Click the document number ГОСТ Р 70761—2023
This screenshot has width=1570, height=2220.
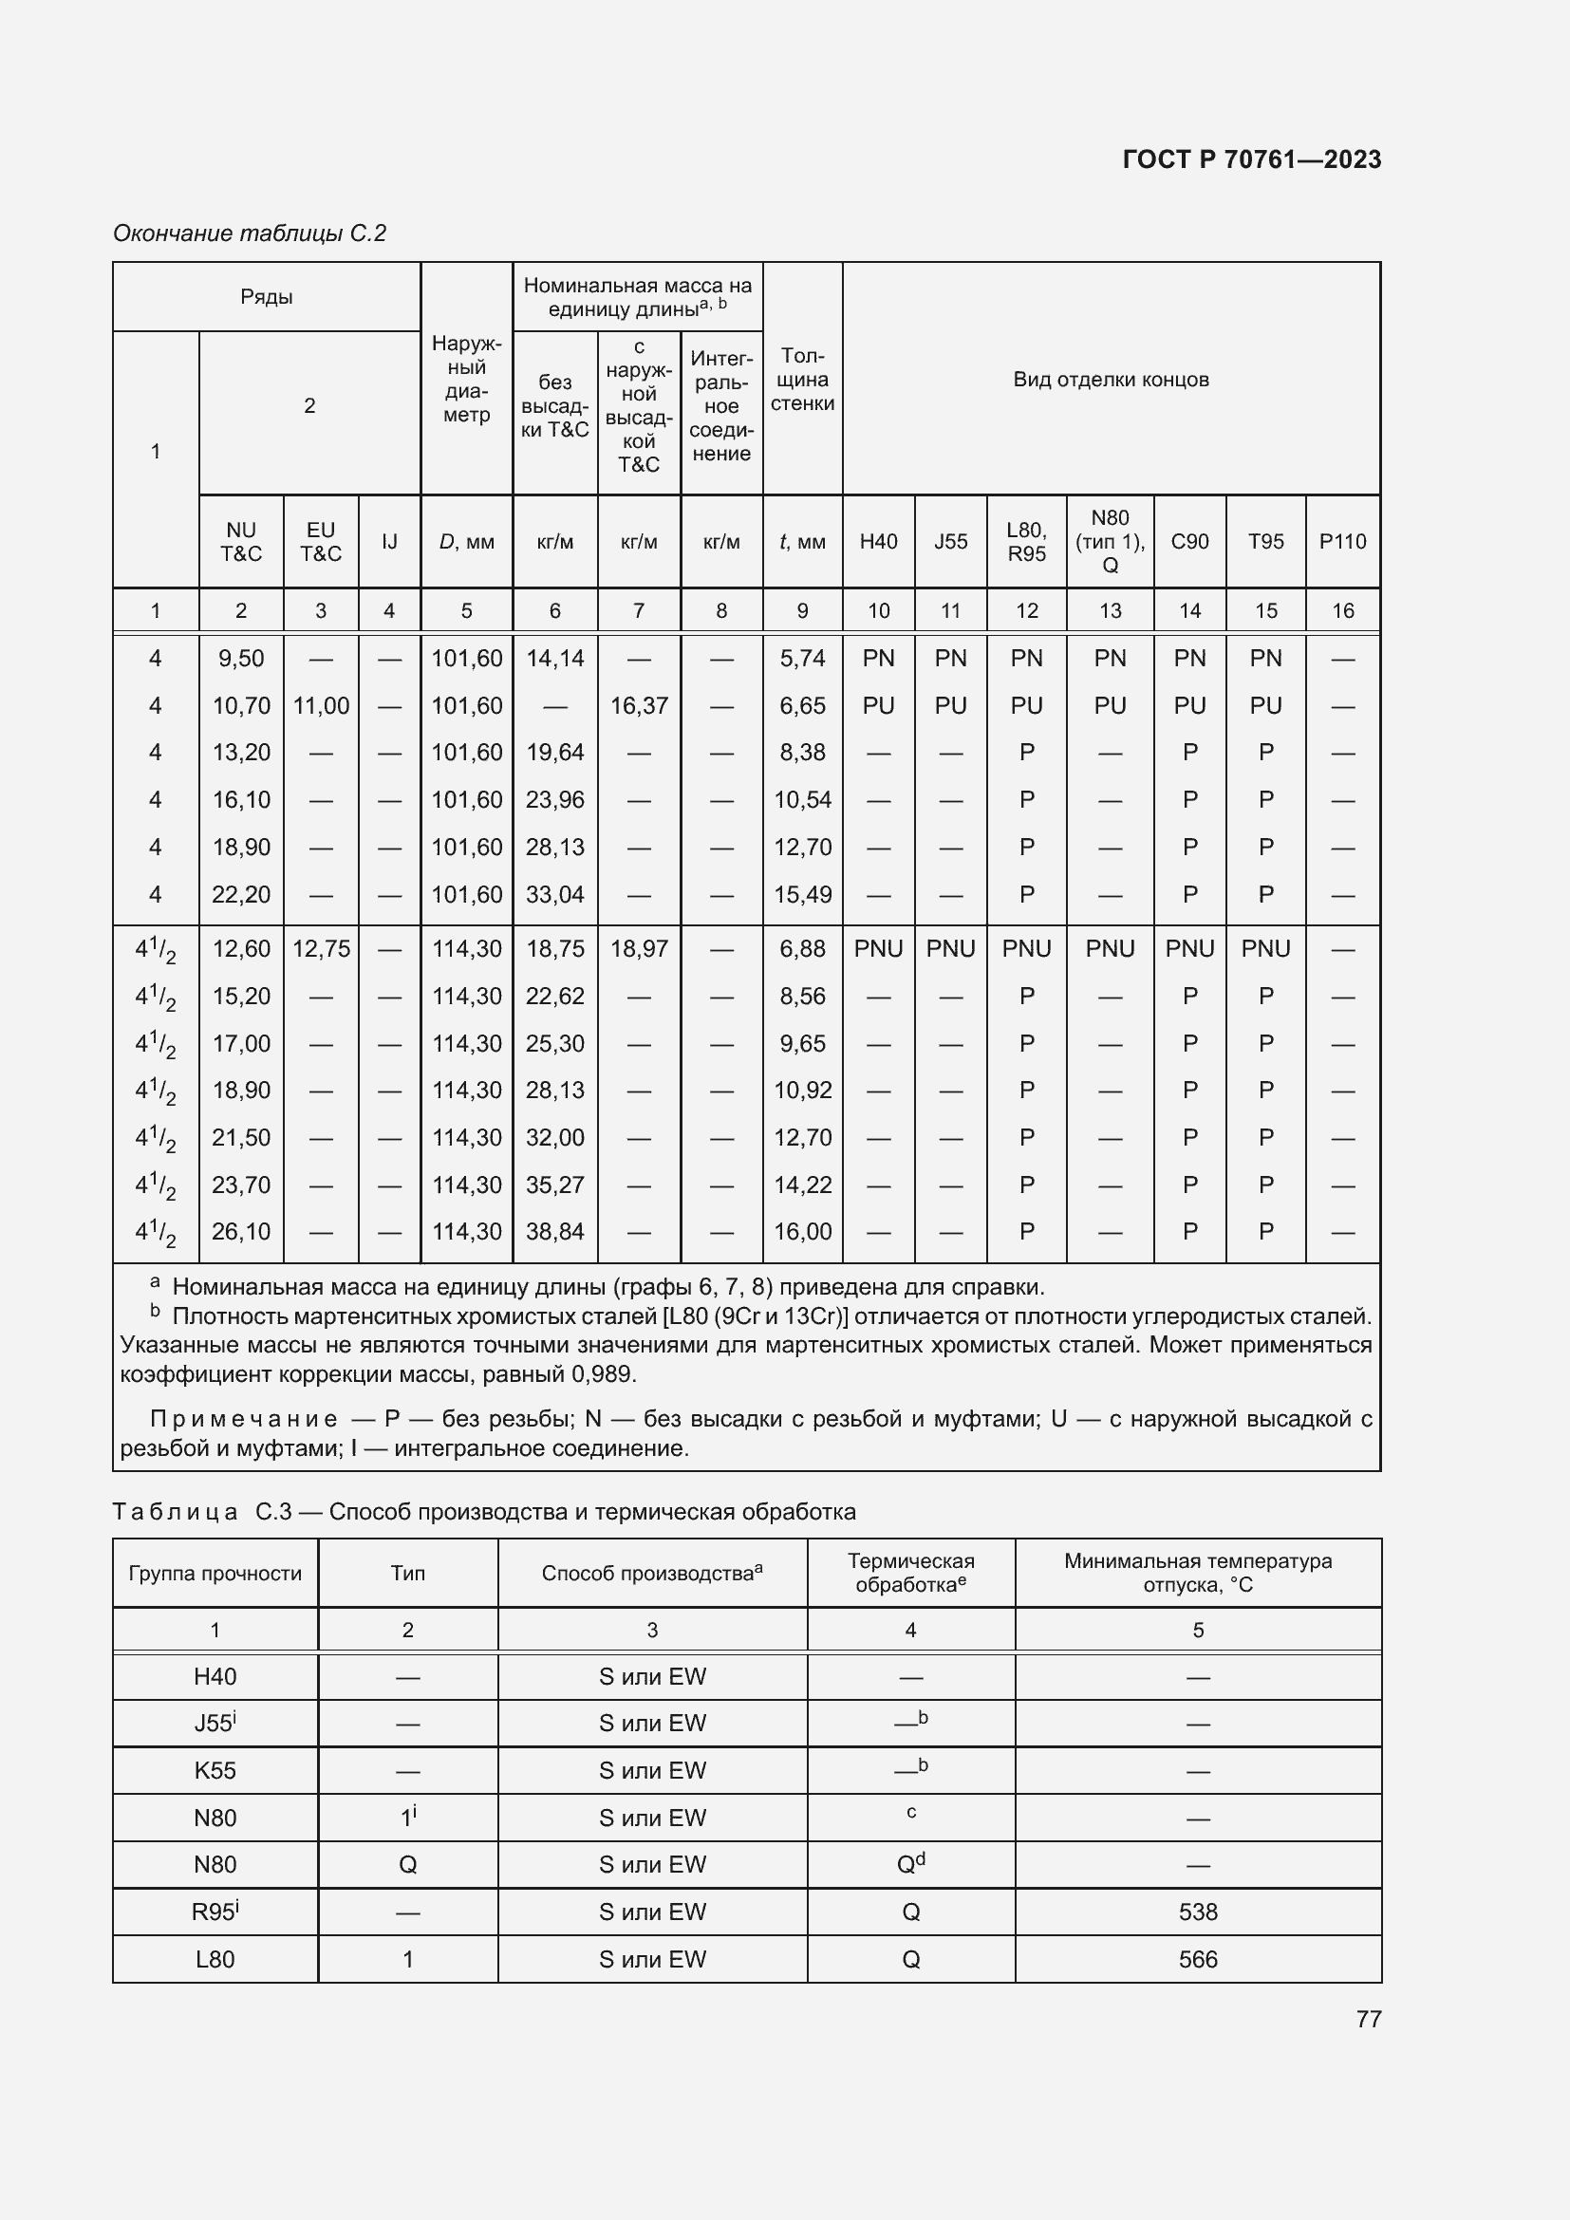1251,159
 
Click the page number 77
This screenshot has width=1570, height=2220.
1368,2019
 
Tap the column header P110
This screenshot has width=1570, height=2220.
1342,541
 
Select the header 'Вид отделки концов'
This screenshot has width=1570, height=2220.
1110,380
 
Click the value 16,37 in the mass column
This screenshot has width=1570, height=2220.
638,706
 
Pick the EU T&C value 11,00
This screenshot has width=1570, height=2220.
321,706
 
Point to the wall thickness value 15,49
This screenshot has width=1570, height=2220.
801,894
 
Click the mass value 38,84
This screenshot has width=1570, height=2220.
555,1231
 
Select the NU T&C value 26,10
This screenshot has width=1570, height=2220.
241,1231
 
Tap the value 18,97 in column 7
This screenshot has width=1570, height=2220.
638,948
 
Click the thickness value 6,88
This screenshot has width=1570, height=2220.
801,948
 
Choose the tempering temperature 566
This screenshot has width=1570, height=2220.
1197,1960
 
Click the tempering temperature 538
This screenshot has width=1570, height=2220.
1197,1912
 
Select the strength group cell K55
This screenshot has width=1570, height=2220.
215,1770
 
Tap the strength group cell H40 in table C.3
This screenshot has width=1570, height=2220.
215,1676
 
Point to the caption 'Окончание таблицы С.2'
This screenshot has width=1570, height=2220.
250,233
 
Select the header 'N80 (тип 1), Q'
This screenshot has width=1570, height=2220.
1109,541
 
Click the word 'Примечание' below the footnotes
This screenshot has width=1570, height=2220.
244,1419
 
